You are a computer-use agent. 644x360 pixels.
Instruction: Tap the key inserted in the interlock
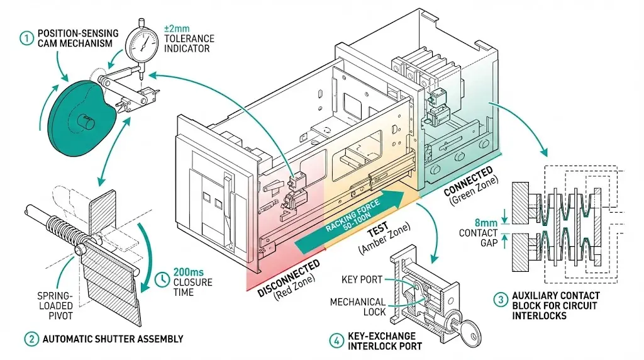click(469, 329)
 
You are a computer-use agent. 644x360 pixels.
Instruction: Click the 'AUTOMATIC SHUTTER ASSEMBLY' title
click(113, 339)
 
